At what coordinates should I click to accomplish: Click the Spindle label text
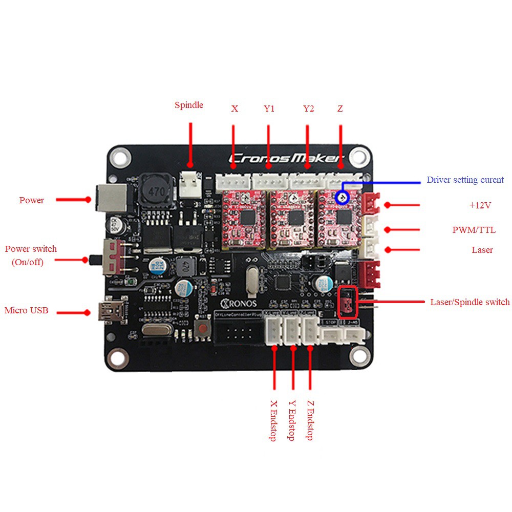coord(188,105)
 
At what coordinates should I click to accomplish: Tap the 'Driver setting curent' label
coord(465,180)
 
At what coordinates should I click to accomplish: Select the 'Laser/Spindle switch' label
coord(470,302)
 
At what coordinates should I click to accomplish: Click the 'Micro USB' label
coord(26,310)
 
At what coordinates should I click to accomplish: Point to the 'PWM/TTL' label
coord(474,230)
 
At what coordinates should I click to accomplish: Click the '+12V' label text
coord(480,205)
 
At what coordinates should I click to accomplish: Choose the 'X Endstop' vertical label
coord(273,420)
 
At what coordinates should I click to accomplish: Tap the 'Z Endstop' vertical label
coord(310,420)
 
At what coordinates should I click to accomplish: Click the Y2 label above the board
coord(308,109)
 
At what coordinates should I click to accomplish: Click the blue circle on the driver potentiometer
coord(342,197)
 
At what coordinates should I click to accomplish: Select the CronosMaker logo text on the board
coord(287,159)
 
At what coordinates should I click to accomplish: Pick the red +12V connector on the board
coord(370,204)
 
